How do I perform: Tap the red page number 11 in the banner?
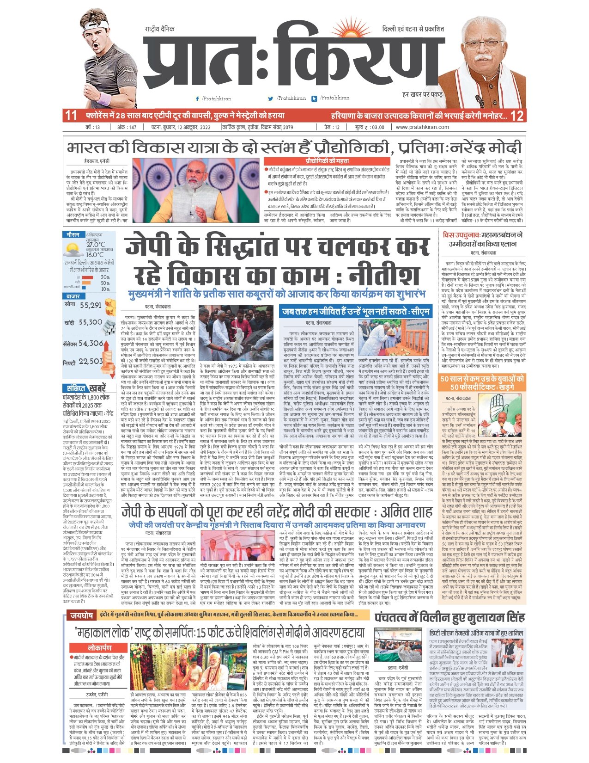pos(71,116)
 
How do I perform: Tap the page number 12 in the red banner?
pos(517,116)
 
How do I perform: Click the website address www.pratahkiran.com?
pos(422,127)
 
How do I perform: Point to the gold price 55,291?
pos(90,305)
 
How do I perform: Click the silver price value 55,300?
pos(90,322)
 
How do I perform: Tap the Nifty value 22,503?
pos(91,362)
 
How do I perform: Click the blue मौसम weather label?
pos(73,235)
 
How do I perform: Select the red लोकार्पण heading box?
pos(99,648)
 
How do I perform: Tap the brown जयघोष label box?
pos(81,615)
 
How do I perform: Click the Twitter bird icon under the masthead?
pos(271,98)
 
